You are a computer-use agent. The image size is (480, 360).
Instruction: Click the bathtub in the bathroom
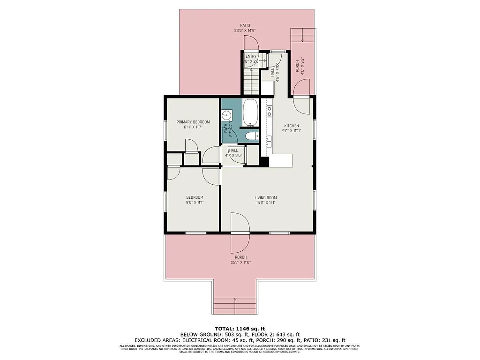(x=251, y=112)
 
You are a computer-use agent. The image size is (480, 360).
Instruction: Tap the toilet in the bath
(x=252, y=136)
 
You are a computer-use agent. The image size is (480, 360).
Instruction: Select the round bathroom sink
(x=226, y=114)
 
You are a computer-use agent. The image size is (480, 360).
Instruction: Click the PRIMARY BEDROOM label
(x=193, y=122)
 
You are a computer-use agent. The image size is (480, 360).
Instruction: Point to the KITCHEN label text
(x=292, y=126)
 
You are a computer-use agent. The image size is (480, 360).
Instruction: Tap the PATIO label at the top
(x=245, y=25)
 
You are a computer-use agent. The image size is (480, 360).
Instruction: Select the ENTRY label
(x=251, y=56)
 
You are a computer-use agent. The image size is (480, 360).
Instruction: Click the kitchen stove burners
(x=270, y=111)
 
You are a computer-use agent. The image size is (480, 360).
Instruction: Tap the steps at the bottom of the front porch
(x=235, y=306)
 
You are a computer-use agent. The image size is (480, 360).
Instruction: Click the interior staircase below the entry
(x=251, y=82)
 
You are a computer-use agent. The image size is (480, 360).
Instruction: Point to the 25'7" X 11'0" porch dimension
(x=240, y=262)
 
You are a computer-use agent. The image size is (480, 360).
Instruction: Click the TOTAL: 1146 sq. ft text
(x=240, y=328)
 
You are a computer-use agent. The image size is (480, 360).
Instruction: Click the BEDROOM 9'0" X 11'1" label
(x=195, y=200)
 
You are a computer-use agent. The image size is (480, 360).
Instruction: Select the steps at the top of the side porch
(x=302, y=35)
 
